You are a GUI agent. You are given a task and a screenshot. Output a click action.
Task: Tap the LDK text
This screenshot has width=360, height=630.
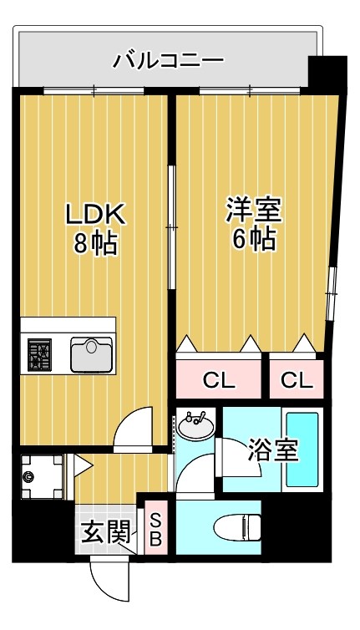coord(95,215)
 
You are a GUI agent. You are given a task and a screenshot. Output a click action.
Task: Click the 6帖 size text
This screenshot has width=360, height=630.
coord(252,240)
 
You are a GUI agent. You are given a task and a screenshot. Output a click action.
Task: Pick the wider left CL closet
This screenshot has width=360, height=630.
coord(219,379)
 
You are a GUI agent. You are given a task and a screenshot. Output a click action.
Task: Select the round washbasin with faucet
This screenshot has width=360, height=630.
coord(195,424)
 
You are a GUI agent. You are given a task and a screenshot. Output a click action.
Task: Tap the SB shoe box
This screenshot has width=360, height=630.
coord(155,529)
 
